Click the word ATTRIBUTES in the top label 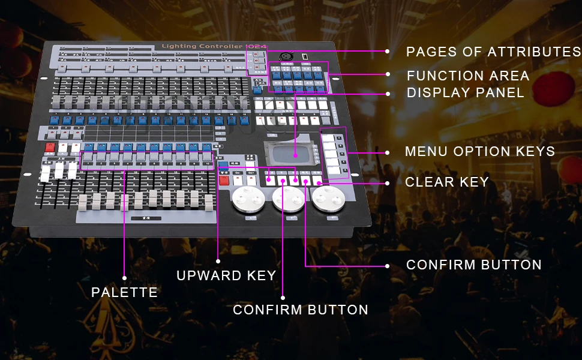[x=534, y=52]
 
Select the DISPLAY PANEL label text [x=465, y=93]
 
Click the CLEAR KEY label [x=447, y=182]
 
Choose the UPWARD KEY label [x=226, y=275]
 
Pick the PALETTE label [x=124, y=292]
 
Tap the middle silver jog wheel [x=286, y=198]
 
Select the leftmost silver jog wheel [x=247, y=197]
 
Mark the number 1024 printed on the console [x=256, y=46]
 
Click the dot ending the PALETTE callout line [x=125, y=278]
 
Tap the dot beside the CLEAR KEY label [x=388, y=182]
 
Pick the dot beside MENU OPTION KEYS [x=388, y=152]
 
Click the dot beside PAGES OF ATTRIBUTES [x=388, y=52]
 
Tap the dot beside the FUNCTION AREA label [x=388, y=75]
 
